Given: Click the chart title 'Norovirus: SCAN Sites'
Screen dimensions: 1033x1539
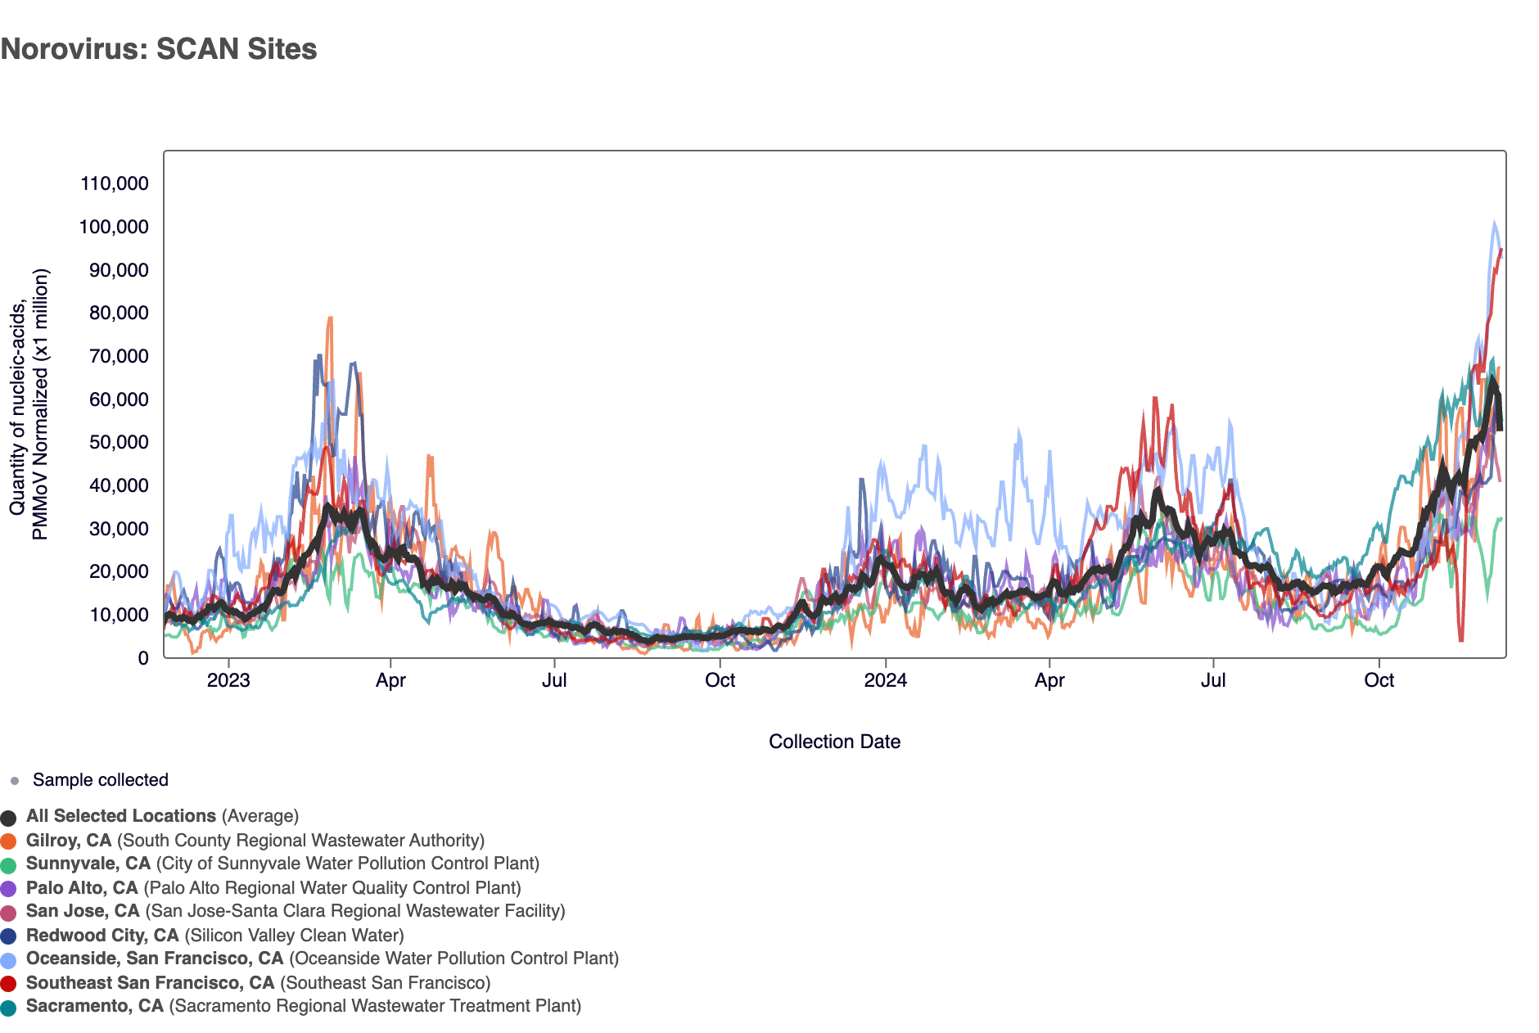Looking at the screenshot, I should tap(159, 49).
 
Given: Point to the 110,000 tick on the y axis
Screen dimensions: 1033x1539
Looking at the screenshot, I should tap(115, 183).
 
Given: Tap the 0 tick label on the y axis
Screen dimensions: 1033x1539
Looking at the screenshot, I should tap(143, 659).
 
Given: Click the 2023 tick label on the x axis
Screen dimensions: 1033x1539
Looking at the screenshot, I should tap(228, 681).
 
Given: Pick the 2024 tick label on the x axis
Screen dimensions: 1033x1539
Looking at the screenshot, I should tap(886, 681).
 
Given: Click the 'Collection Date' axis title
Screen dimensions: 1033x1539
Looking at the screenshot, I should tap(834, 742).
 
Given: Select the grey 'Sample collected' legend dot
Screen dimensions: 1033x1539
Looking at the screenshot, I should tap(15, 781).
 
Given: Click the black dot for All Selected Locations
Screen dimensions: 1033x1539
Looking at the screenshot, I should tap(9, 818).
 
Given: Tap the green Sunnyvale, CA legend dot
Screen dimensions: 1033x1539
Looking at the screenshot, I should tap(9, 865).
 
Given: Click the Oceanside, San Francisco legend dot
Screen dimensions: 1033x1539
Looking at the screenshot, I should tap(9, 960).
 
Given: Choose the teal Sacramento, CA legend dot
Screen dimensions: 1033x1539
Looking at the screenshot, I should tap(9, 1008).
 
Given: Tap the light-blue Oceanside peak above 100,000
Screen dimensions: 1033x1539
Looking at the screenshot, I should tap(1494, 223).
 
